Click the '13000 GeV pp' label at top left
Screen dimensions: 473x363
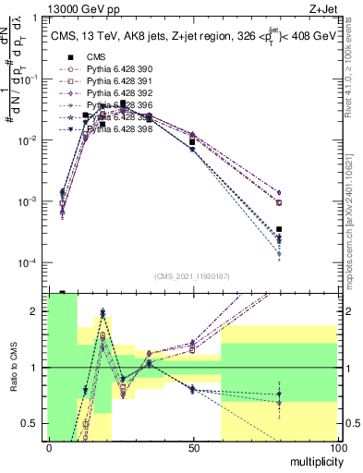pyautogui.click(x=43, y=8)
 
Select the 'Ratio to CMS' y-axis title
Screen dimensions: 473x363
pyautogui.click(x=13, y=367)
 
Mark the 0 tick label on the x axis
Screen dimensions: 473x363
pyautogui.click(x=49, y=448)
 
